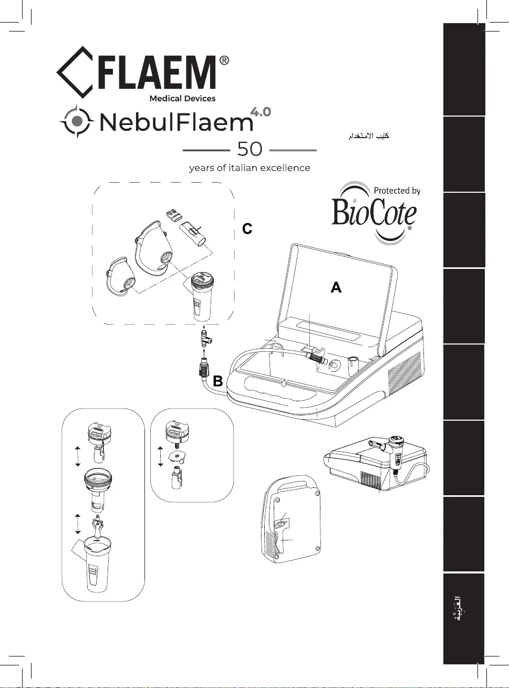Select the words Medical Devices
pos(182,98)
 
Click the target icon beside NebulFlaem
pos(77,121)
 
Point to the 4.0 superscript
pos(261,111)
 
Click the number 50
pos(250,149)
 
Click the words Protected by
pos(397,191)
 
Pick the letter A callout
pos(336,287)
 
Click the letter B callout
pos(218,381)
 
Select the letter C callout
pos(247,229)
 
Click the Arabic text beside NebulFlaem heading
pos(369,136)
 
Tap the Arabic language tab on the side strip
pos(461,608)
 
